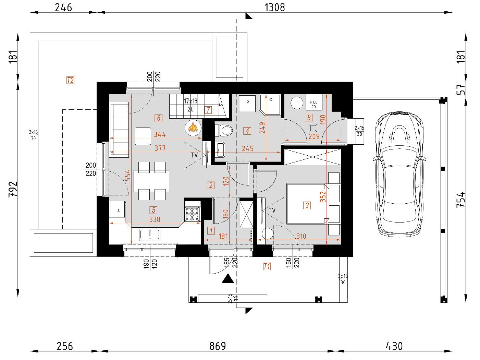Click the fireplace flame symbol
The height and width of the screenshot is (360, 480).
click(x=193, y=127)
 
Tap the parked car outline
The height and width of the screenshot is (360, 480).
click(x=399, y=175)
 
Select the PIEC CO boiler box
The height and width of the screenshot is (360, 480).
click(x=314, y=102)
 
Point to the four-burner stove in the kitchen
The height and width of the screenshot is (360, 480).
click(x=193, y=214)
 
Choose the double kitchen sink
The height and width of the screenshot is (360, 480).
click(x=150, y=235)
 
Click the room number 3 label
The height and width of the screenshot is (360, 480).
click(x=307, y=205)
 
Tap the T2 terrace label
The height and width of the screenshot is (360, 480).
click(x=71, y=80)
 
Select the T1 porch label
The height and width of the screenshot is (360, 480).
click(x=267, y=266)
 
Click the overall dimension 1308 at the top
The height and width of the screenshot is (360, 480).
click(x=275, y=8)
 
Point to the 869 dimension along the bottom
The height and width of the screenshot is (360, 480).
click(x=218, y=346)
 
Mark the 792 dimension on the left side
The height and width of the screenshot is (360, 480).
click(x=13, y=189)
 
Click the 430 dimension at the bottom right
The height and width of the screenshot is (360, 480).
click(x=394, y=346)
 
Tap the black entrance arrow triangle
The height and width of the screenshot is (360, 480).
click(x=227, y=279)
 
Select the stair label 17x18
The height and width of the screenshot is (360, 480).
click(x=190, y=101)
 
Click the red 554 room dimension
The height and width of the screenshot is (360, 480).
click(x=127, y=175)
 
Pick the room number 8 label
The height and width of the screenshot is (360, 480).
click(x=309, y=118)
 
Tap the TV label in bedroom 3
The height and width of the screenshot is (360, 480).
click(x=272, y=211)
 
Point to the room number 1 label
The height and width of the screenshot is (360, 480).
click(x=211, y=231)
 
